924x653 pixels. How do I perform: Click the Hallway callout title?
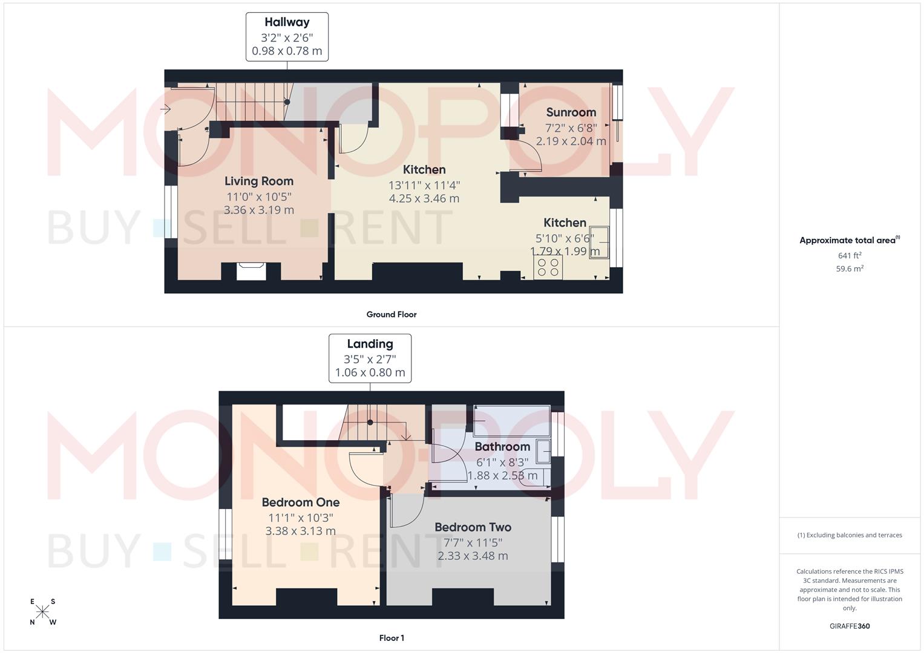287,22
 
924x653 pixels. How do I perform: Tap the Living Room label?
259,181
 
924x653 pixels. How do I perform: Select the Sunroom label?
571,112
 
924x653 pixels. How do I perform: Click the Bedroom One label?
300,502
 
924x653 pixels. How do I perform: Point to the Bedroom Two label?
473,527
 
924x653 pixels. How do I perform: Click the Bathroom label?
502,447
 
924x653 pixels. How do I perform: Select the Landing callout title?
370,344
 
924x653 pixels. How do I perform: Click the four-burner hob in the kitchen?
548,267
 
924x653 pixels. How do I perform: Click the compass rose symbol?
43,612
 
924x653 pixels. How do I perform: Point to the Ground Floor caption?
391,314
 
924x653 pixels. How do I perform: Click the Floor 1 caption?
391,638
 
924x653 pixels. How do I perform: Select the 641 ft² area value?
849,256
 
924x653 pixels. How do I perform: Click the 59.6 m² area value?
849,269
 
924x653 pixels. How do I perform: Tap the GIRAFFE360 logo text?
849,626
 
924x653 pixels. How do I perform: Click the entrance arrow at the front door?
165,109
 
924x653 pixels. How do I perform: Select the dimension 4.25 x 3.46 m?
424,198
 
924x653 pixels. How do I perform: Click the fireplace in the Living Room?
251,271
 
